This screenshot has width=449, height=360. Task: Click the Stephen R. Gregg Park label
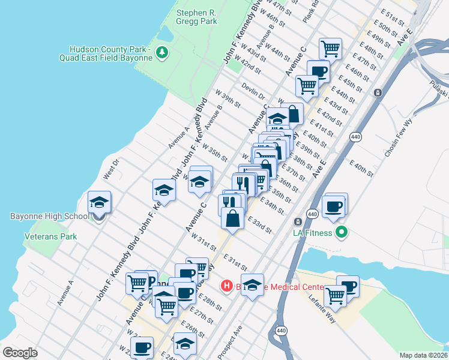point(196,16)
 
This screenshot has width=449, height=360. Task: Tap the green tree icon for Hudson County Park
point(161,53)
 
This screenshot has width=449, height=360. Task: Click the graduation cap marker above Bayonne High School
point(100,202)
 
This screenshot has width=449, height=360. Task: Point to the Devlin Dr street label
point(253,92)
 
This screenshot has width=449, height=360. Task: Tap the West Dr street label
point(112,168)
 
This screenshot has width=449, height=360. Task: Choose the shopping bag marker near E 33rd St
point(232,219)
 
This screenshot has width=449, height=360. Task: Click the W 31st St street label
point(203,244)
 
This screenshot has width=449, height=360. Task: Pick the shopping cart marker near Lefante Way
point(335,295)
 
